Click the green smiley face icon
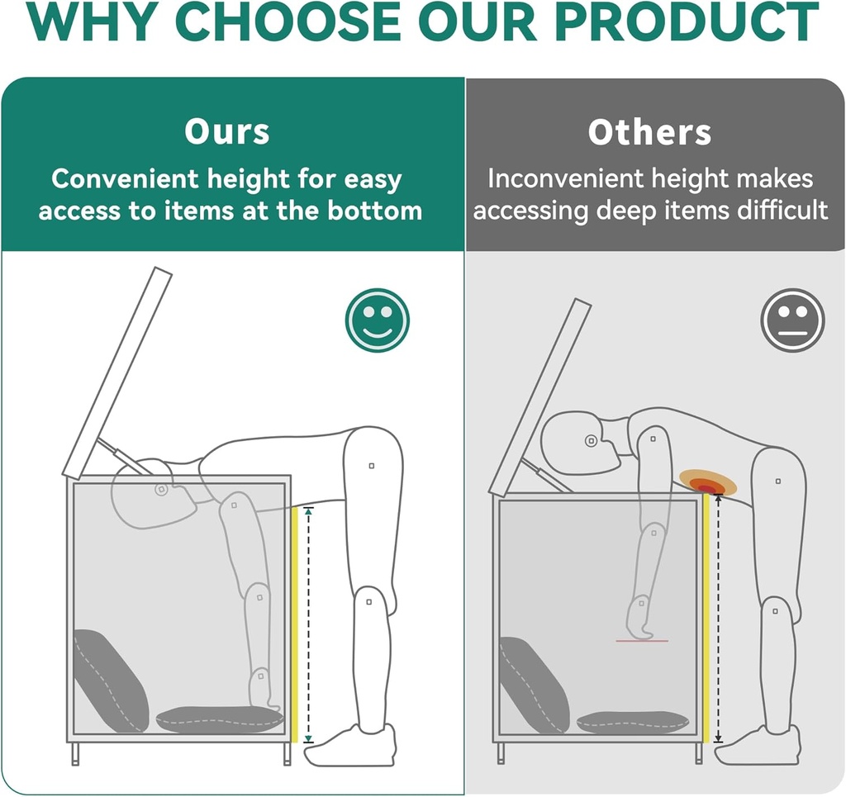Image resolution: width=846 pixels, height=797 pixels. click(x=377, y=320)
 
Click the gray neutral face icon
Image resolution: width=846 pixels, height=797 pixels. click(x=792, y=320)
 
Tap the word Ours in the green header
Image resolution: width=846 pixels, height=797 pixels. click(x=226, y=131)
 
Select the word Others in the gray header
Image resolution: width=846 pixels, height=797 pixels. click(x=649, y=132)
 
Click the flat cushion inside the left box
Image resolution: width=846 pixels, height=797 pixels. click(x=220, y=720)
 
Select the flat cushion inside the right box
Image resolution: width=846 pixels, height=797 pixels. click(x=632, y=723)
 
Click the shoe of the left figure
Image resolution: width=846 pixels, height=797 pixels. click(x=350, y=746)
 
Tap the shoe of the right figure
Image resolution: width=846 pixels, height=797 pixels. click(x=758, y=745)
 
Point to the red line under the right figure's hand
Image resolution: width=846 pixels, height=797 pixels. click(x=642, y=641)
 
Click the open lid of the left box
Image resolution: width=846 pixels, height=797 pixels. click(x=117, y=373)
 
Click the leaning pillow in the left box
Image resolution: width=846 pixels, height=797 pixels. click(x=111, y=681)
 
